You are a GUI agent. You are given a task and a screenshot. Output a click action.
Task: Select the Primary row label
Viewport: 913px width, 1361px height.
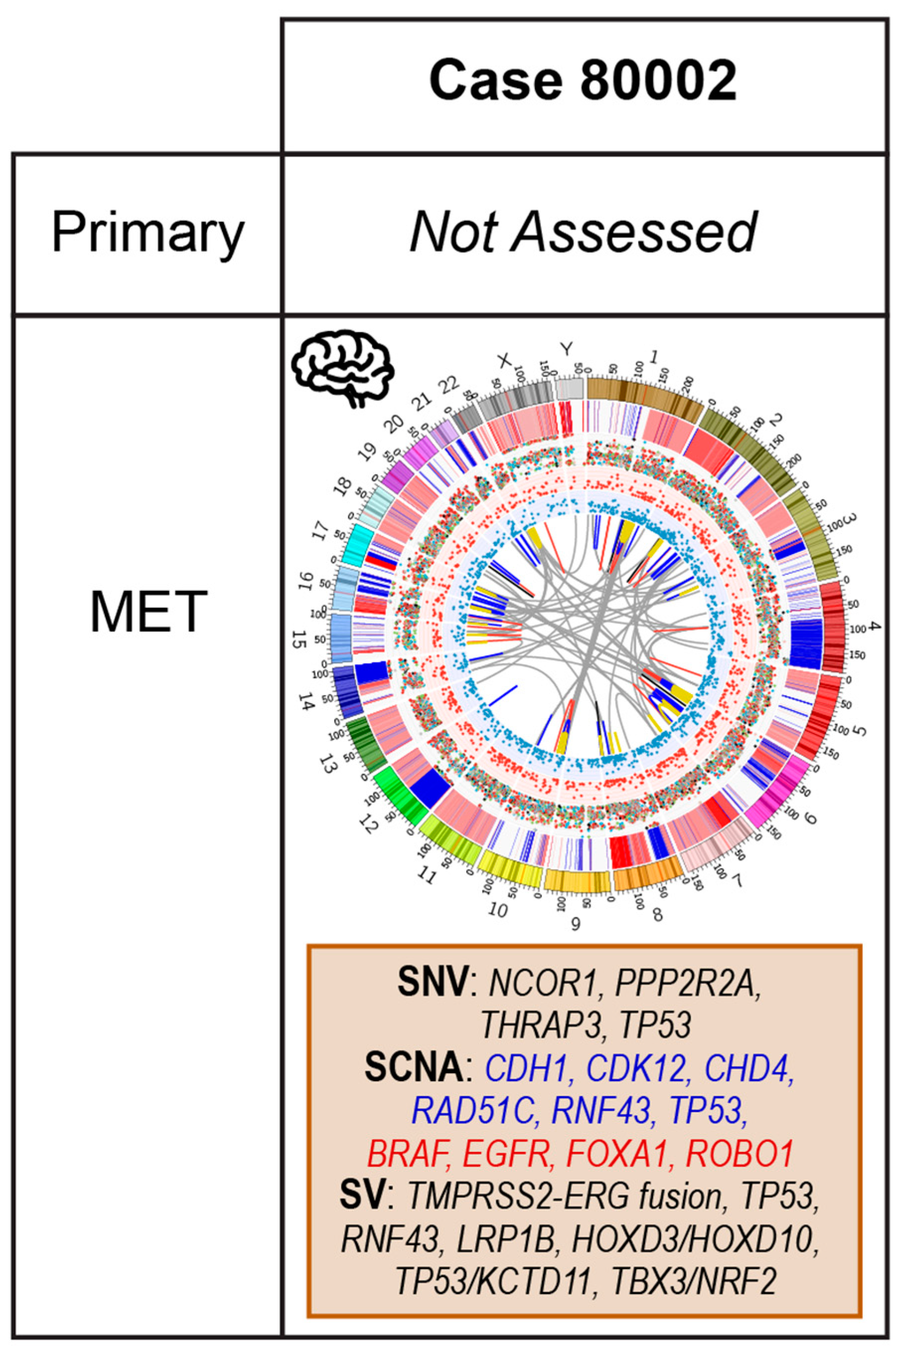click(148, 233)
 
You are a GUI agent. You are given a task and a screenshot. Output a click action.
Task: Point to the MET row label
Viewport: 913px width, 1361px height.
click(148, 611)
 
